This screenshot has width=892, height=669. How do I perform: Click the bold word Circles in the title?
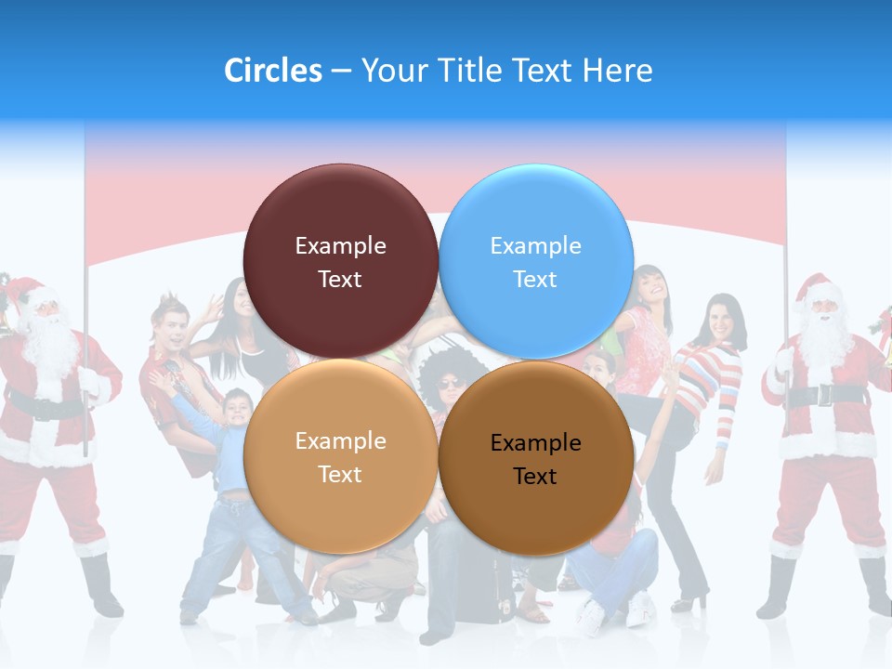[x=272, y=71]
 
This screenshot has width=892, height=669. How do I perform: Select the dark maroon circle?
[x=340, y=261]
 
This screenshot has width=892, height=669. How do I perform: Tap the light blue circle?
[x=536, y=261]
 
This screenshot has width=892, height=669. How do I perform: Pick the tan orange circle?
[x=340, y=456]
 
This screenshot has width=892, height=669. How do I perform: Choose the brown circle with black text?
[x=536, y=458]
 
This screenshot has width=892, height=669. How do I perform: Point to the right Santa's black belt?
[x=825, y=395]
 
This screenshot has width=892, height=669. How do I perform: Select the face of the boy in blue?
[x=237, y=410]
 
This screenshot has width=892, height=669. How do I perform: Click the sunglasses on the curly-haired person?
[x=450, y=384]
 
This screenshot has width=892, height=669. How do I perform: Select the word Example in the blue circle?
[x=535, y=246]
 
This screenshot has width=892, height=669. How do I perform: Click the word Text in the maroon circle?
[x=340, y=280]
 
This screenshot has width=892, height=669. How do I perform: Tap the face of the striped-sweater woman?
[x=722, y=321]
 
